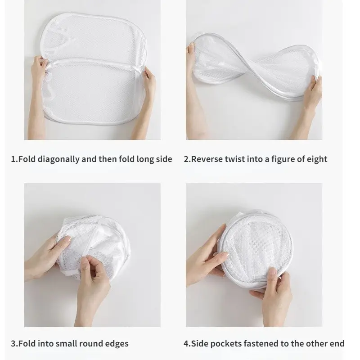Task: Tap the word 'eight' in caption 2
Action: click(316, 159)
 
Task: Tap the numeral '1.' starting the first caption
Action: click(13, 159)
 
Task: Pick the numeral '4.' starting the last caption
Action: click(187, 343)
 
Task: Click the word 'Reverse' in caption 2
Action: click(207, 159)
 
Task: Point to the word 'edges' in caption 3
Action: click(117, 343)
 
